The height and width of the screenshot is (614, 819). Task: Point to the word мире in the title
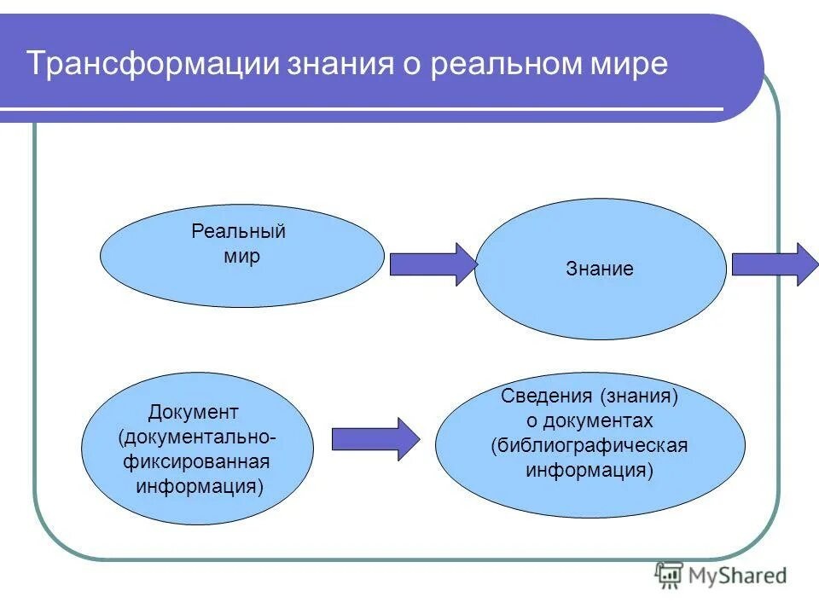[632, 65]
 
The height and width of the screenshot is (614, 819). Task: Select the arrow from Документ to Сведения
[375, 439]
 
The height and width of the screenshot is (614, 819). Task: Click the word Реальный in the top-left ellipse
[238, 232]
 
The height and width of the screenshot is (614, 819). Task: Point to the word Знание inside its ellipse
[600, 269]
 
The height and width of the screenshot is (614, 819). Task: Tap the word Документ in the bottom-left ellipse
[193, 413]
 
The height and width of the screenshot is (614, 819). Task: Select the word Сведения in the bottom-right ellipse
[546, 397]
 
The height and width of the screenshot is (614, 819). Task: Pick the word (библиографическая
[590, 446]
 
